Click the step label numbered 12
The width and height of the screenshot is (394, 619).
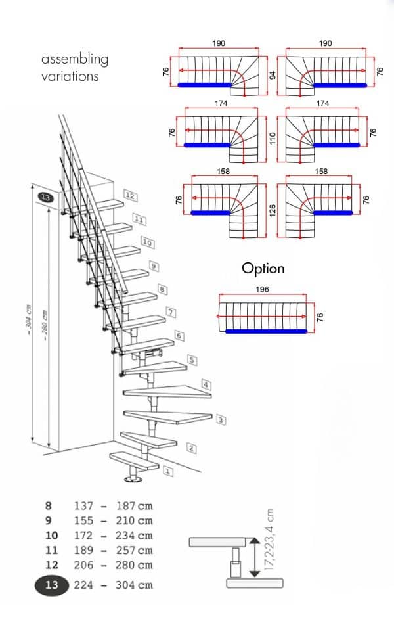130,196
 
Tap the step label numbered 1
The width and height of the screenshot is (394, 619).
167,470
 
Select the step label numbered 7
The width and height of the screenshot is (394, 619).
170,311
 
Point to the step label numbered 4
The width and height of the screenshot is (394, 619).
206,384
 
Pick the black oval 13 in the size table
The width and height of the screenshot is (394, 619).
52,585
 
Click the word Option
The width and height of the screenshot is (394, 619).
263,268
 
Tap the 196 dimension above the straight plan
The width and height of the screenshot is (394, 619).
262,289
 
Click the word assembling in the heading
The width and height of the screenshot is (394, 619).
75,59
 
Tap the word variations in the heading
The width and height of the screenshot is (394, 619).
70,76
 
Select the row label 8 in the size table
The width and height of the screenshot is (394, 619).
48,506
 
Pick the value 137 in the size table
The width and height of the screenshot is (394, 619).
85,506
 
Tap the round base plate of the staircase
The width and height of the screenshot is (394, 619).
135,483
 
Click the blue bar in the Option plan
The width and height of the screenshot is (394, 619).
266,331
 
